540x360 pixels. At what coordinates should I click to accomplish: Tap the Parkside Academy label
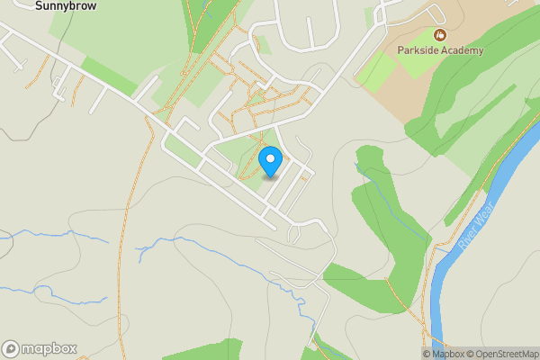coord(442,50)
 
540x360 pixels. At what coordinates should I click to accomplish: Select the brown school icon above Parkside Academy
coord(440,35)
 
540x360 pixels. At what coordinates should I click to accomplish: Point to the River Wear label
coord(471,235)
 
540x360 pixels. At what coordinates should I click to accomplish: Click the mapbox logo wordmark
coord(49,348)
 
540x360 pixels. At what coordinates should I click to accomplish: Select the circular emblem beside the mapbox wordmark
coord(11,348)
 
